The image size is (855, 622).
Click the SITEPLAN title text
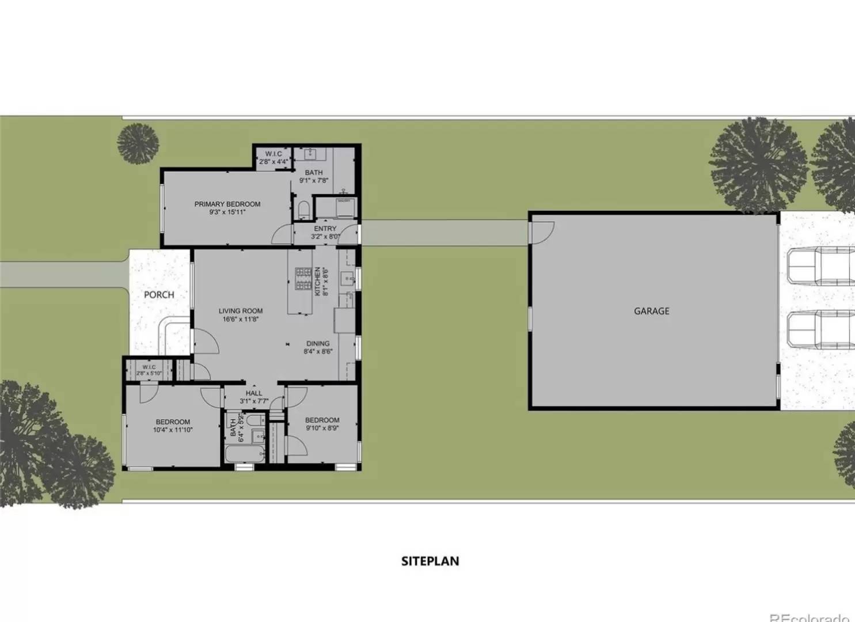(430, 561)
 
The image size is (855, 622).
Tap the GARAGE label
(651, 311)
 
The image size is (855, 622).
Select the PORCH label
(159, 295)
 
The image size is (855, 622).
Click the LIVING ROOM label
(241, 311)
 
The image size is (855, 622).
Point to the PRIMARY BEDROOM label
(227, 204)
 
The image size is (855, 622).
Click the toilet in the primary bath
(303, 208)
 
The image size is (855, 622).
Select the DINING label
(318, 344)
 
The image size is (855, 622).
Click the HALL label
(254, 393)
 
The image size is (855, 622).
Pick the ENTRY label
(325, 229)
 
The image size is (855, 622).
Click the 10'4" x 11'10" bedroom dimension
(173, 430)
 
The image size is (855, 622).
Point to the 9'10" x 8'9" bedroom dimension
(322, 428)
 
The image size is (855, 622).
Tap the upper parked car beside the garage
(820, 266)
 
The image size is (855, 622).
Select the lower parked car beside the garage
(820, 329)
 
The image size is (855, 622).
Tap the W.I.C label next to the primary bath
(273, 154)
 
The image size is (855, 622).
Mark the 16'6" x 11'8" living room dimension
(241, 319)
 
